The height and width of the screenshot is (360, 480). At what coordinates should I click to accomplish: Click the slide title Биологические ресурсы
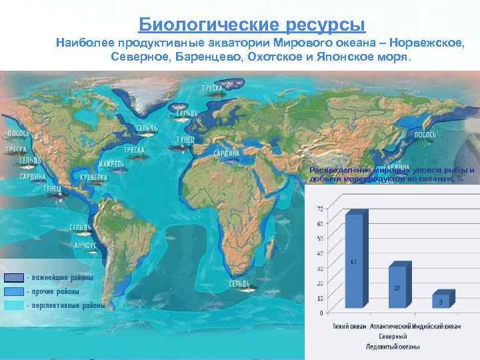pyautogui.click(x=252, y=25)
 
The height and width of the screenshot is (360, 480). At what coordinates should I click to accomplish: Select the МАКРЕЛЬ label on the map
pyautogui.click(x=109, y=163)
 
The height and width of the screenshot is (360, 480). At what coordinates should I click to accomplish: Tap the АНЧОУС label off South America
pyautogui.click(x=85, y=245)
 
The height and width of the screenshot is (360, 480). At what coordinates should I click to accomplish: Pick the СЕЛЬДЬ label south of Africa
pyautogui.click(x=240, y=283)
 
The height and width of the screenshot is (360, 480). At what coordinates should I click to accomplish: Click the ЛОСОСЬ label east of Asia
pyautogui.click(x=425, y=135)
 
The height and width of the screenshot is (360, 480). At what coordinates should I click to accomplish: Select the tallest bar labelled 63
pyautogui.click(x=355, y=260)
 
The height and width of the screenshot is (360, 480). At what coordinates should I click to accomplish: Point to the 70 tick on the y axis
pyautogui.click(x=320, y=209)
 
